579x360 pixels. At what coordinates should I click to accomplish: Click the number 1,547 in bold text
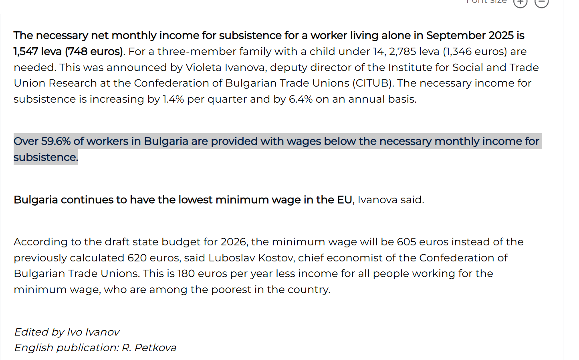click(x=26, y=52)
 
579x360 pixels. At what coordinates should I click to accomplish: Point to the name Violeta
click(x=203, y=67)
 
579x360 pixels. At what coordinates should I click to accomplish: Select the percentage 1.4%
click(x=173, y=99)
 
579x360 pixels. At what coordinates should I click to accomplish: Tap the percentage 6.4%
click(x=301, y=99)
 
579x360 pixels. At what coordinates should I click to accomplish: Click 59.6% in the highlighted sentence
click(x=56, y=142)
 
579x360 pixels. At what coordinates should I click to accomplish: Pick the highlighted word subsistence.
click(x=46, y=158)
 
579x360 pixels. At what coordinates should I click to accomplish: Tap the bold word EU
click(x=345, y=200)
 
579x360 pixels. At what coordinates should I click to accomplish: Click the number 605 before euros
click(x=406, y=242)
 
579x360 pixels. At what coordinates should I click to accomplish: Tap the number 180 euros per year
click(x=186, y=274)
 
